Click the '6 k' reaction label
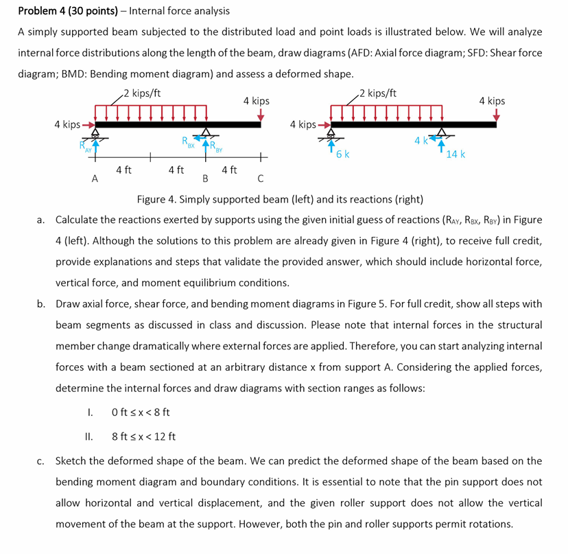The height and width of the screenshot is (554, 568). click(x=343, y=154)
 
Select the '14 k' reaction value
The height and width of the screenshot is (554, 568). click(x=455, y=154)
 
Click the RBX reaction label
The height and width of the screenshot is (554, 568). click(x=188, y=144)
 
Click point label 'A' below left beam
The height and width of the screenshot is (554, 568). click(x=95, y=179)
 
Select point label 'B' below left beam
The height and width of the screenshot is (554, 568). click(x=204, y=180)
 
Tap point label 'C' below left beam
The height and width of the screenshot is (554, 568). click(x=260, y=180)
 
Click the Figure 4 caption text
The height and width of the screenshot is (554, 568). click(x=280, y=200)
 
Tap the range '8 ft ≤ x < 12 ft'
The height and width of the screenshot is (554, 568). click(x=143, y=436)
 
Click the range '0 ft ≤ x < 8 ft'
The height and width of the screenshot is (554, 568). click(x=140, y=413)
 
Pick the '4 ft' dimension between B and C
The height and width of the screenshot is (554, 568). click(x=230, y=169)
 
